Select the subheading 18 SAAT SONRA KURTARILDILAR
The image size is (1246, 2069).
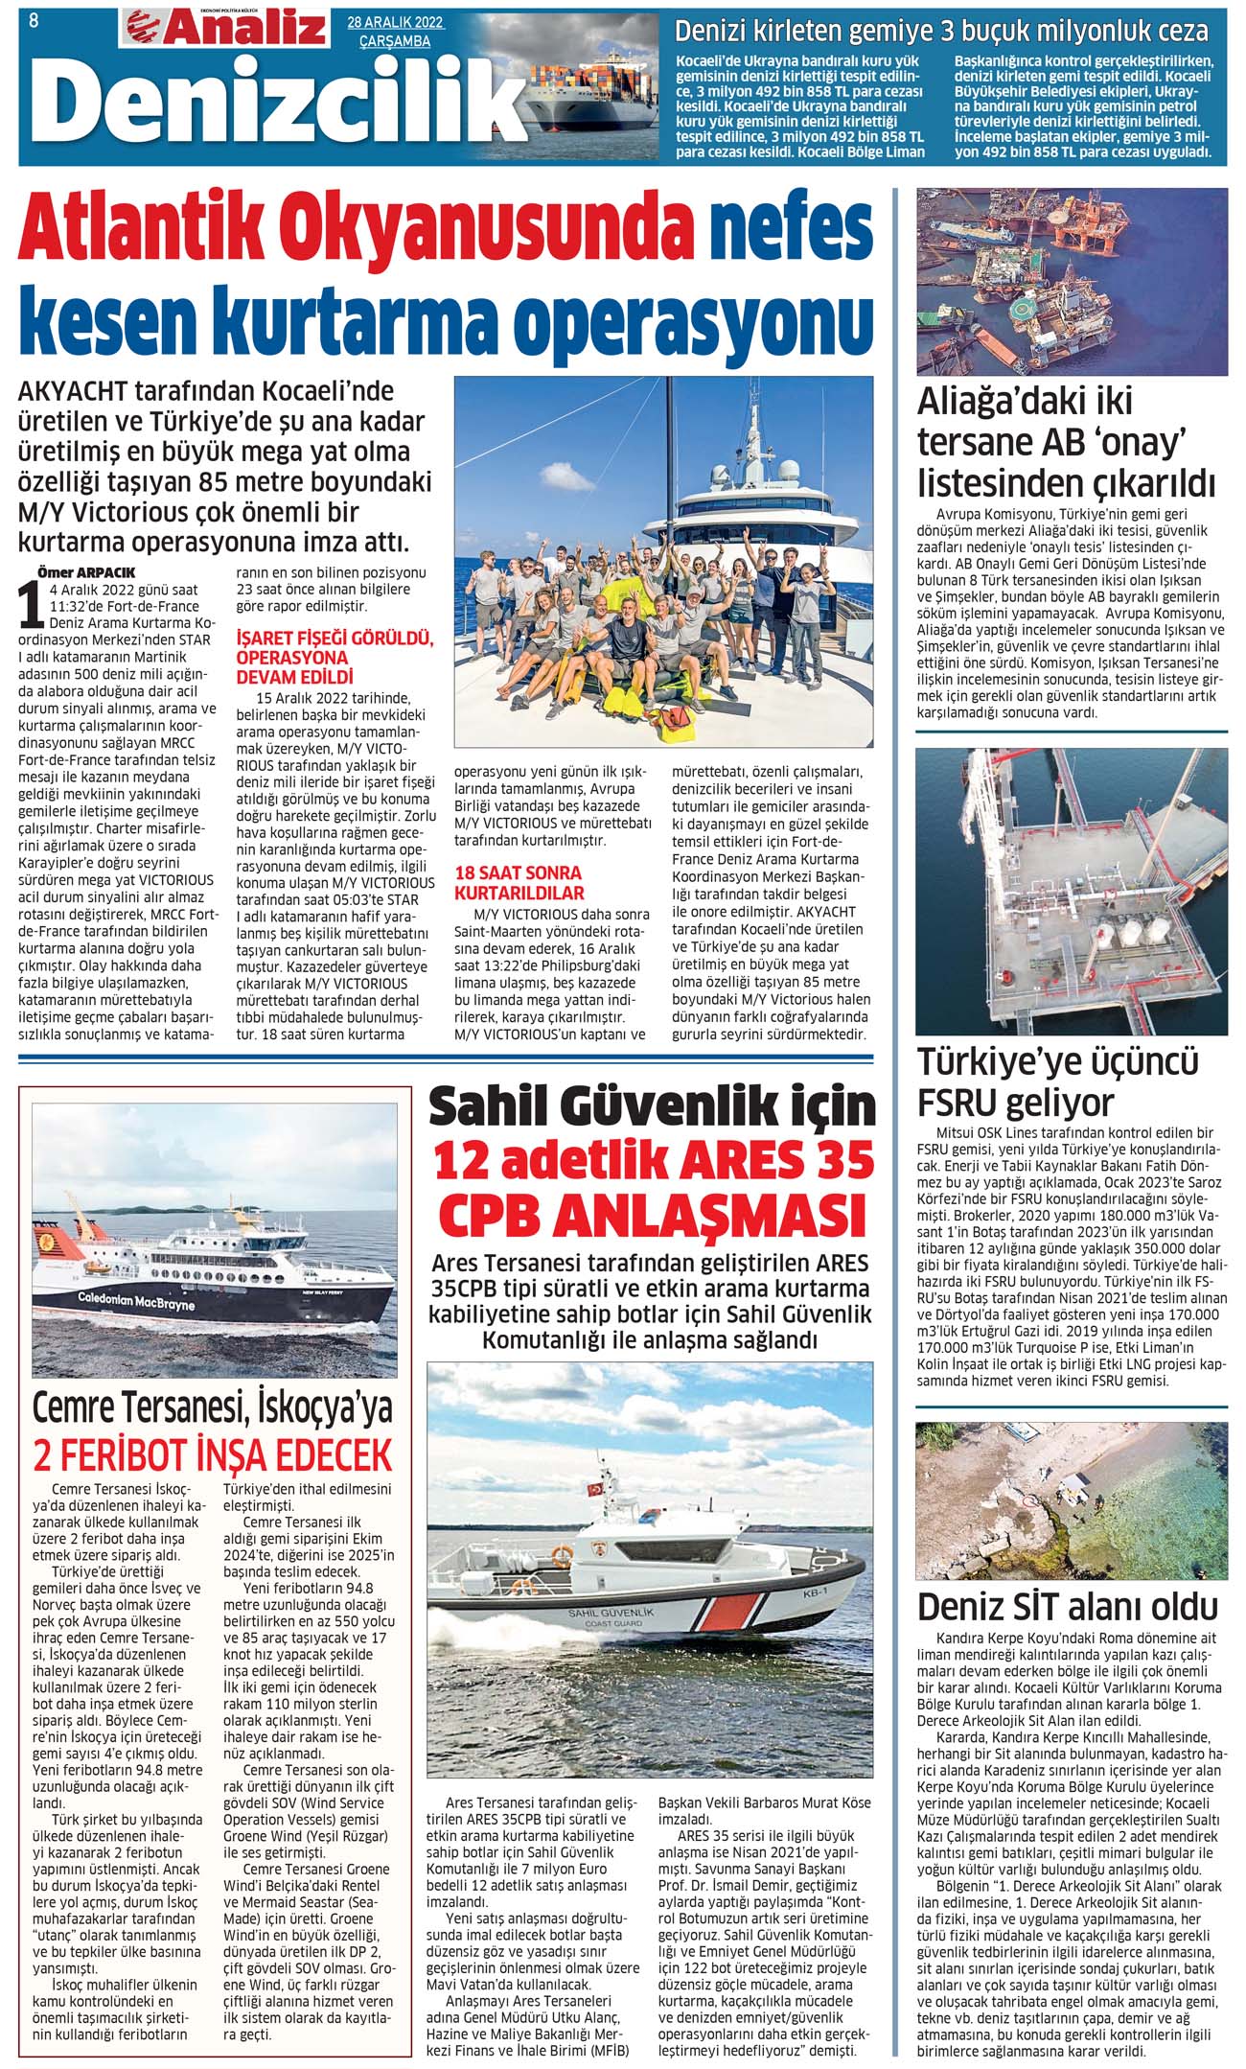[x=519, y=883]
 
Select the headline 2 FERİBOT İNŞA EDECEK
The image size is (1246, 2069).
[x=213, y=1455]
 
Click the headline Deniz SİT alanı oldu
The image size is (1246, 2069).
[x=1068, y=1607]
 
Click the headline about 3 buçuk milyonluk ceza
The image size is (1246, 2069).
[x=941, y=31]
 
